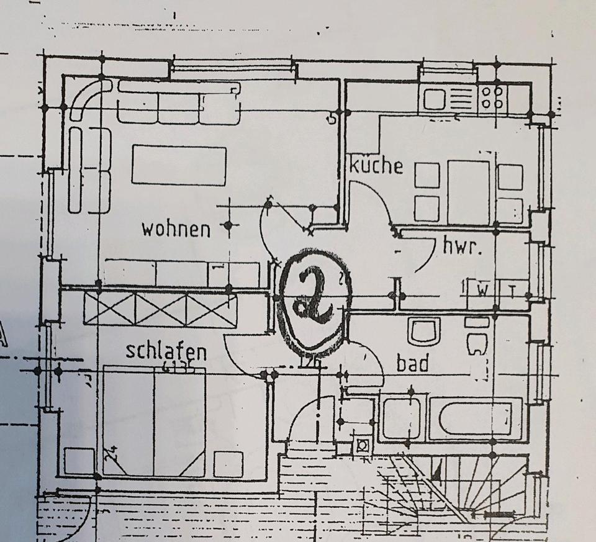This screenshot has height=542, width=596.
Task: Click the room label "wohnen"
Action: point(176,228)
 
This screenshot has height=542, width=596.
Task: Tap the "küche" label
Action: point(376,165)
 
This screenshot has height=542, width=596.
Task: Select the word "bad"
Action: point(413,363)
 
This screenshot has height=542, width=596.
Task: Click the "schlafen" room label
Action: point(166,350)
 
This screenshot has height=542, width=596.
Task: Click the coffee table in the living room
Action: point(179,165)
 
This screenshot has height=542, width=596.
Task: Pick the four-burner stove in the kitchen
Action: point(493,98)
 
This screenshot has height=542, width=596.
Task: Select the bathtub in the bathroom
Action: point(475,418)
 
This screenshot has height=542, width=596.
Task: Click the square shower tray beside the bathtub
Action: point(401,418)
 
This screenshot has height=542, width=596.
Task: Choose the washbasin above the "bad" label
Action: point(424,330)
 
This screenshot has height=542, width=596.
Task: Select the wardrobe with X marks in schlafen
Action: point(160,309)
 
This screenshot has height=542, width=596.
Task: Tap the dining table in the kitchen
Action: point(469,192)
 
